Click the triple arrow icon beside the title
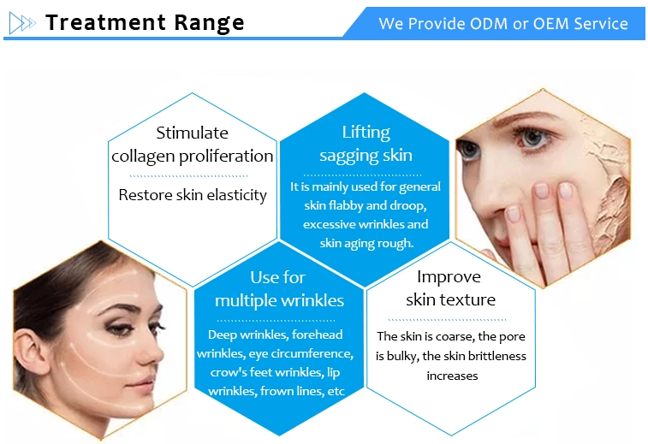(22, 23)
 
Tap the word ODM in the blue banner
(488, 24)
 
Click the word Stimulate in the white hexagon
(192, 133)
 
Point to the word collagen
(144, 157)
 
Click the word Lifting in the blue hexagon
(366, 133)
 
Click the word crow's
(229, 372)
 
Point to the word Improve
(449, 277)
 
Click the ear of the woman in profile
(29, 349)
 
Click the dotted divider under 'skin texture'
(447, 320)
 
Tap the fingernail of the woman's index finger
(541, 191)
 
